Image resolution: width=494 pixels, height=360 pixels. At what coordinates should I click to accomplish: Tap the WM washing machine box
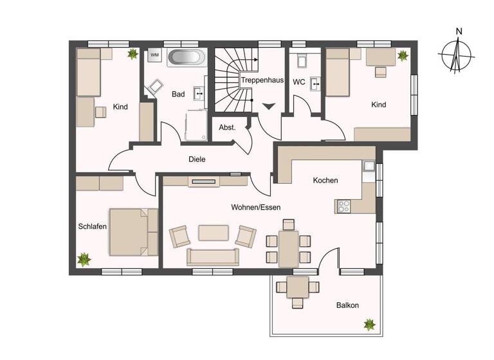tap(154, 55)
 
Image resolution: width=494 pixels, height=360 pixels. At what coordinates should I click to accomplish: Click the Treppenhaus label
tap(262, 81)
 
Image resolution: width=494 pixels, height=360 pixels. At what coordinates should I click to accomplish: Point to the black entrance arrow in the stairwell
tap(269, 106)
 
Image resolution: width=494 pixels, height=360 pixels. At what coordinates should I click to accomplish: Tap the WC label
tap(299, 82)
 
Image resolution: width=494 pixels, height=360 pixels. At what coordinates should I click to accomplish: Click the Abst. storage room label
tap(227, 127)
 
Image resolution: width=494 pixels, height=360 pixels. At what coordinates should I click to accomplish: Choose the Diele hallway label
tap(197, 159)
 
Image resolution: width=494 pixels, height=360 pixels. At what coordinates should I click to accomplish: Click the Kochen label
tap(325, 181)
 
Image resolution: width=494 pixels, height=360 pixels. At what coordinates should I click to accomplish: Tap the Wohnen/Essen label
tap(256, 207)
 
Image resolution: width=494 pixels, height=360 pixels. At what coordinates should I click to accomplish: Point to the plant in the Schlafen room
tap(84, 260)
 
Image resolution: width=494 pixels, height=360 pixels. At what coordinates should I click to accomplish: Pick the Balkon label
tap(347, 305)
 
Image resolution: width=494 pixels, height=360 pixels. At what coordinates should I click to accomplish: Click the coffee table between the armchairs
tap(213, 232)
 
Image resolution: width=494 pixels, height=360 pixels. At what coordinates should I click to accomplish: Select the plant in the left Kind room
tap(133, 54)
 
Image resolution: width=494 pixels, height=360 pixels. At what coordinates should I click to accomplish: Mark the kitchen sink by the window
tap(369, 166)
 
